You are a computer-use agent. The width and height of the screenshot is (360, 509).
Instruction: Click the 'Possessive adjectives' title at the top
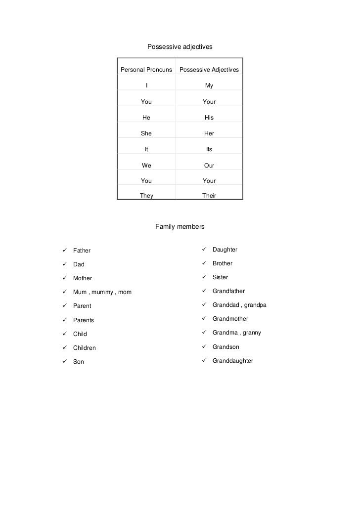click(x=180, y=47)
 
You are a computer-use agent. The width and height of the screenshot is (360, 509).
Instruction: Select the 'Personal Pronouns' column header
click(x=146, y=70)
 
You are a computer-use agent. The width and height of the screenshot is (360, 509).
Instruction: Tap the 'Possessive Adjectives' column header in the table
click(x=209, y=70)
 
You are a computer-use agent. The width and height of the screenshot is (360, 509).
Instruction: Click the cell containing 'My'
click(x=209, y=86)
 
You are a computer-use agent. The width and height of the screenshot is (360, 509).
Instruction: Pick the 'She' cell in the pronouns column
click(x=146, y=133)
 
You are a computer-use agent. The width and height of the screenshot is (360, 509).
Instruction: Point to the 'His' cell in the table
click(x=209, y=118)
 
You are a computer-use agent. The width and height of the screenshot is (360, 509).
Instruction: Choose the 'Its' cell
click(x=209, y=149)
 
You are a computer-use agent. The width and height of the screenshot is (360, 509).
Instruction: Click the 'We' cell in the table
click(x=146, y=166)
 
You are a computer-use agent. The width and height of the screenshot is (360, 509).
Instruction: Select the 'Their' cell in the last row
click(x=209, y=196)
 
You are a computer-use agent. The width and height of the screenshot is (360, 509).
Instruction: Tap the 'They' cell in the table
click(x=146, y=196)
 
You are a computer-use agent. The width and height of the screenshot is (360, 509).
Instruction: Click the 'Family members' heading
click(x=180, y=227)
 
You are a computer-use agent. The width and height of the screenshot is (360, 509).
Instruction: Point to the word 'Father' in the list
click(x=82, y=251)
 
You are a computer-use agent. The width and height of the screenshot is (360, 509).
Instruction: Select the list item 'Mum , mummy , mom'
click(x=102, y=292)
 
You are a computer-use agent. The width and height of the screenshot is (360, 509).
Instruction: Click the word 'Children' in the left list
click(x=85, y=348)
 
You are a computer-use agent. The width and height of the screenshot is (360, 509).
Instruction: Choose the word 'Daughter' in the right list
click(x=225, y=250)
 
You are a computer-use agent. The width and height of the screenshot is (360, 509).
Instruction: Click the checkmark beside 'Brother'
click(x=203, y=263)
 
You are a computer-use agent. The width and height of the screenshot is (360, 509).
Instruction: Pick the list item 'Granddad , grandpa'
click(x=239, y=305)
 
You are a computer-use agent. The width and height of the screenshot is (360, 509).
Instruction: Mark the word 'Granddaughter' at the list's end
click(x=233, y=361)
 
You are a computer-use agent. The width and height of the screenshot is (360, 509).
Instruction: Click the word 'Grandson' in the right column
click(x=226, y=347)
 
